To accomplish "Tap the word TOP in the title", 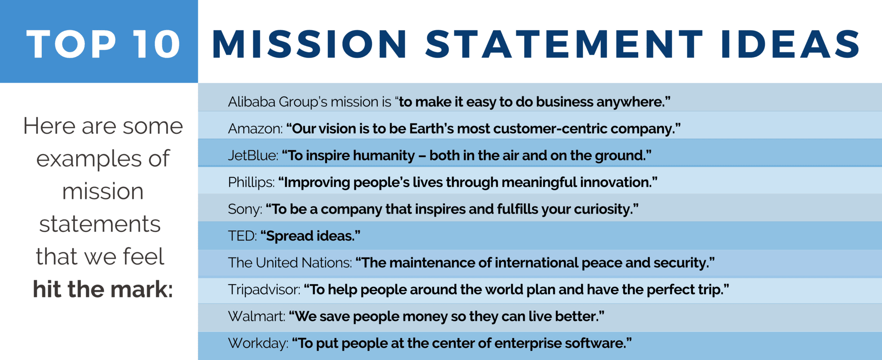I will [x=71, y=44].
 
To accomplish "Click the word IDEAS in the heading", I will [x=790, y=44].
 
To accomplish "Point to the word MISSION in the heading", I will [x=309, y=44].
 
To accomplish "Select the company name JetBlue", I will [x=253, y=155].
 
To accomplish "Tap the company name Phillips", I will [x=251, y=183].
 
